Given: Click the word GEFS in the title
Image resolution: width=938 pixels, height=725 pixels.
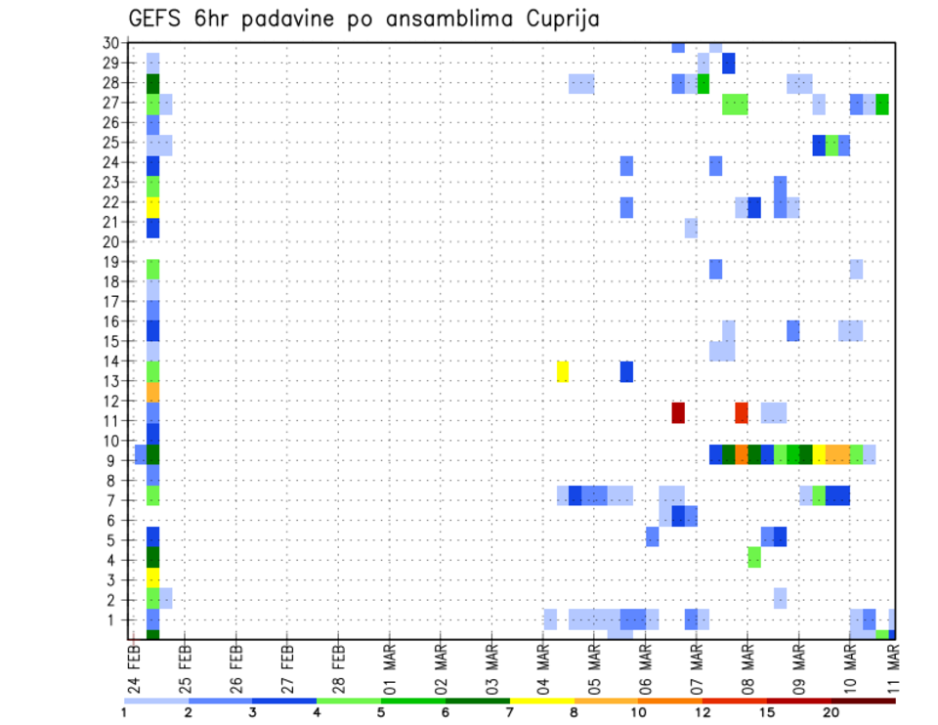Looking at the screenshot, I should coord(152,19).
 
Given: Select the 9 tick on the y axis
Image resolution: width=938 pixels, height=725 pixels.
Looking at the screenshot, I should coord(114,459).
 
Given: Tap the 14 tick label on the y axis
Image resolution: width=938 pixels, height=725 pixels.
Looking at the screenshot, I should coord(110,361).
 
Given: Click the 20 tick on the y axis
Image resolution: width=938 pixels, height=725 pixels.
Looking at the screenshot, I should coord(110,241).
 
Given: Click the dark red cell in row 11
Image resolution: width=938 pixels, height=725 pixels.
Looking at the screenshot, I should coord(678,412).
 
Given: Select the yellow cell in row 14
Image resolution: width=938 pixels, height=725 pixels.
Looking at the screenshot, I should coord(563,371).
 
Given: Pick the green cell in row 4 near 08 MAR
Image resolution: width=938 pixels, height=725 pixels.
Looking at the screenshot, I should coord(754,557).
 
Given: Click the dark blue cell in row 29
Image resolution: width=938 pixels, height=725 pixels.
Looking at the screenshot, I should coord(729,64).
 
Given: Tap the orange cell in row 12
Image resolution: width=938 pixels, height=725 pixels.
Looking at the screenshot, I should coord(152,392).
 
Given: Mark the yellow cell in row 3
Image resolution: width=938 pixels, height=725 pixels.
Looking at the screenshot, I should coord(152,577).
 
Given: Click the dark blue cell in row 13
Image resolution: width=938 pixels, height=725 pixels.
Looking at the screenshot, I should coord(626,371).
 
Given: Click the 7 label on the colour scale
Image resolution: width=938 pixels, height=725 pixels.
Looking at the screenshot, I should coord(510,712).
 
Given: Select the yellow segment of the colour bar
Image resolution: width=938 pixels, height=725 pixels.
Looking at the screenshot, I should coord(541,700).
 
